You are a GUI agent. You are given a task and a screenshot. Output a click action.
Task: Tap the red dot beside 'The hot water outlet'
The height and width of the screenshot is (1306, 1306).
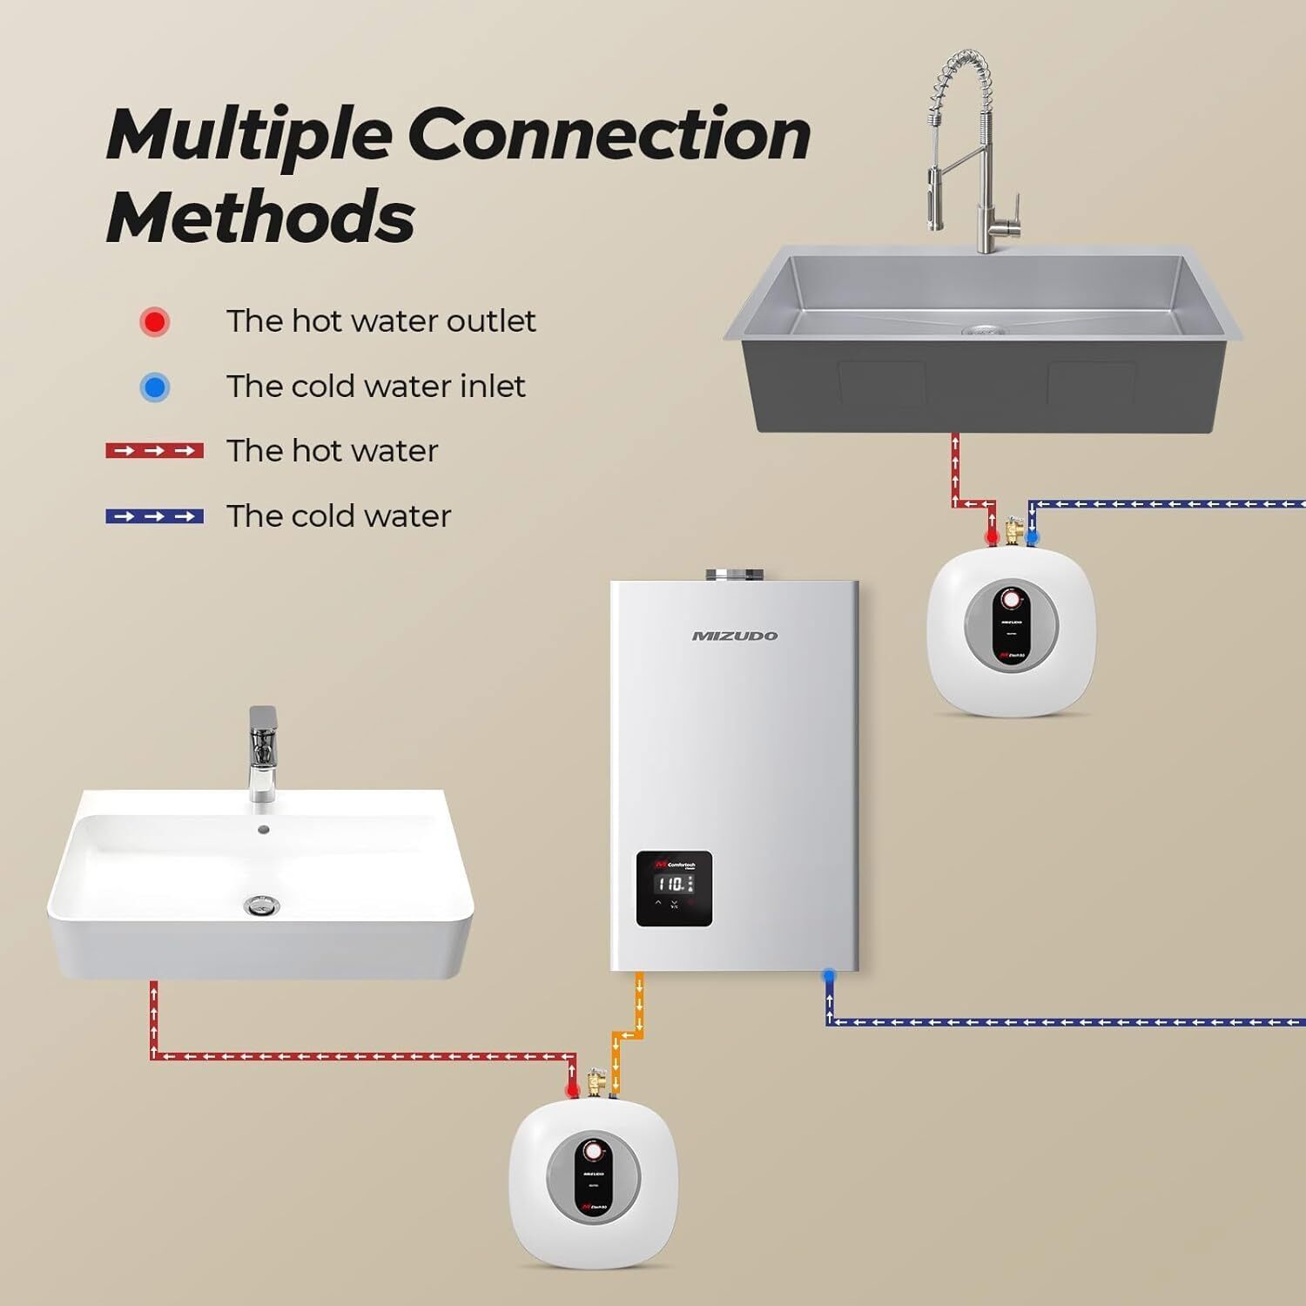click(155, 321)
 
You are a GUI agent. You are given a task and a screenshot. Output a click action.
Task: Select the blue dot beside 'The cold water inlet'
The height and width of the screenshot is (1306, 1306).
click(155, 387)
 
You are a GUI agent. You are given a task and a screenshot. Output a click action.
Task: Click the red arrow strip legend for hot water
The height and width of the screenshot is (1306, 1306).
click(155, 451)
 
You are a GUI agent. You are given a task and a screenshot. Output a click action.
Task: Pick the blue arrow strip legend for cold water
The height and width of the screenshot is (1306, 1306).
click(155, 516)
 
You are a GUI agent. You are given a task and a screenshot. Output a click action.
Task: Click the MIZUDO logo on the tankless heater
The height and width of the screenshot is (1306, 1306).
click(734, 636)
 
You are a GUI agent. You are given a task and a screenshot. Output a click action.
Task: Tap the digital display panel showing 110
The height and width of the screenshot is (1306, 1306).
click(674, 888)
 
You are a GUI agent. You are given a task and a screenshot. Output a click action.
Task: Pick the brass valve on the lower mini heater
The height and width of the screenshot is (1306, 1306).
click(596, 1082)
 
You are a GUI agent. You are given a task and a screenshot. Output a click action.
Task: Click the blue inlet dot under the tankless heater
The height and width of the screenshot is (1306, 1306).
click(829, 977)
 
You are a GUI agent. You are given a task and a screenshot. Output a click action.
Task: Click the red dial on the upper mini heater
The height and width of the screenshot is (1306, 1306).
click(1010, 601)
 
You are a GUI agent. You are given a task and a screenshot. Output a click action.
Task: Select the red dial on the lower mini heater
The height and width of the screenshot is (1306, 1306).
click(593, 1152)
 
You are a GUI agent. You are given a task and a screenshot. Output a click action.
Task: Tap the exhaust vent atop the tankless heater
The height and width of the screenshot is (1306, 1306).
click(734, 575)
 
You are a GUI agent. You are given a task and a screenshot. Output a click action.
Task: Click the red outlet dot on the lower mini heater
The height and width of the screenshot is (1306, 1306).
click(572, 1090)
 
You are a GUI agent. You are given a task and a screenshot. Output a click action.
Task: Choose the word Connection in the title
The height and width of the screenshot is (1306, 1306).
click(609, 135)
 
